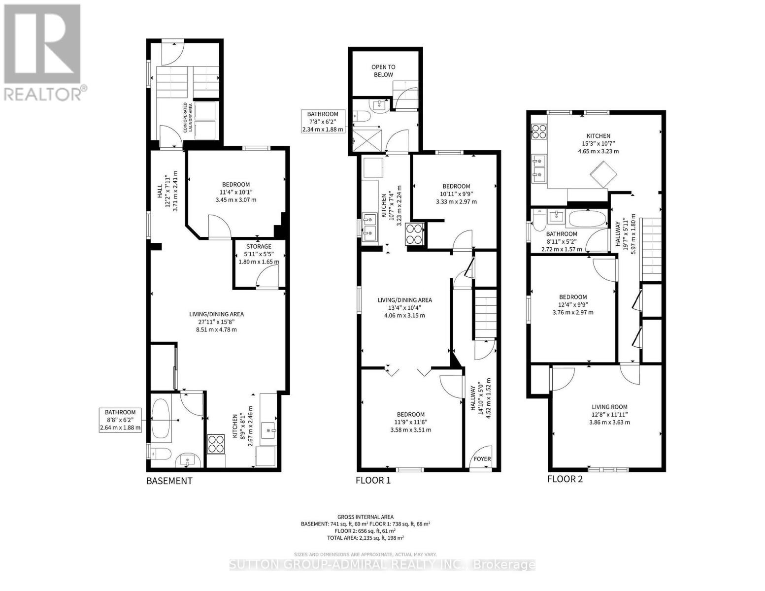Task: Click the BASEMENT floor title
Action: (169, 481)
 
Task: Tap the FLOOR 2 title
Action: (565, 479)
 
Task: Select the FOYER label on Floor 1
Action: (482, 459)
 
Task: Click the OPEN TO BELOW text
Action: (383, 70)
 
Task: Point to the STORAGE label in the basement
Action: (259, 246)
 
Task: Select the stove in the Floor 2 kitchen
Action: (539, 131)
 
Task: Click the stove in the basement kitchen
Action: (216, 444)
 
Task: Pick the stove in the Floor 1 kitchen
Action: (414, 234)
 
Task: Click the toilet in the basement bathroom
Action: (160, 454)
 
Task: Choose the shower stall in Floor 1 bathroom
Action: (367, 141)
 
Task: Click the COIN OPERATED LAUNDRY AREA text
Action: (188, 117)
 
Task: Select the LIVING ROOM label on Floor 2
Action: (609, 406)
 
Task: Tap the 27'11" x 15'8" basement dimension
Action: (216, 322)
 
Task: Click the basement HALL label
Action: (160, 191)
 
